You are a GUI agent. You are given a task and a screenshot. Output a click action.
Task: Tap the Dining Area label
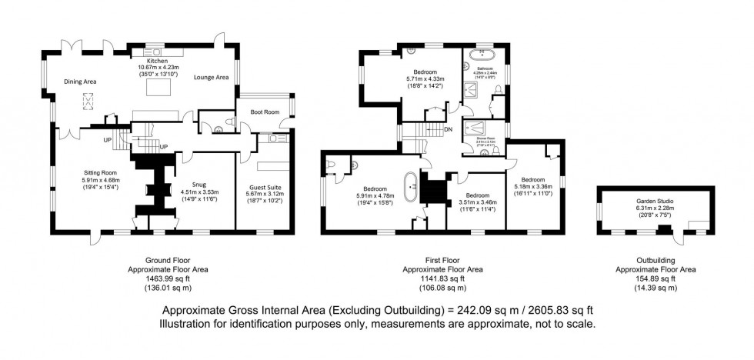click(x=80, y=82)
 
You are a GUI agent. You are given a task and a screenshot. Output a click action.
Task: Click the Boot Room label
click(x=265, y=112)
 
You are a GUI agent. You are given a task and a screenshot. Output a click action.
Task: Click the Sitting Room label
click(x=99, y=173)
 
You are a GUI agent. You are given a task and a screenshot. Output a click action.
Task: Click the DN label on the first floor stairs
click(x=448, y=129)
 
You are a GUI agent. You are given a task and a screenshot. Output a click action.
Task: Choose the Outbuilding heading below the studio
click(x=656, y=261)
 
